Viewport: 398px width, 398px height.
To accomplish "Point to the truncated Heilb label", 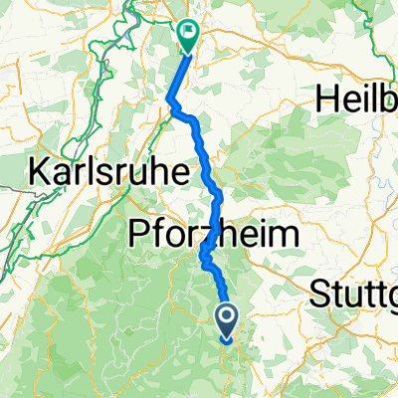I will tap(356, 99).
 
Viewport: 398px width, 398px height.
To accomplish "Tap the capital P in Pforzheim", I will tap(140, 236).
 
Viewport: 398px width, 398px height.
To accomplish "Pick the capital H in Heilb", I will tap(326, 99).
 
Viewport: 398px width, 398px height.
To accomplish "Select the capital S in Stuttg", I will tap(320, 295).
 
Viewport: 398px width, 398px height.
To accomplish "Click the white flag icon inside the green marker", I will tap(187, 33).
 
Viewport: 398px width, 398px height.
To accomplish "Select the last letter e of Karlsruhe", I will tap(179, 172).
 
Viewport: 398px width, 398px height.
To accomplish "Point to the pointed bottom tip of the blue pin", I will tap(227, 340).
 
